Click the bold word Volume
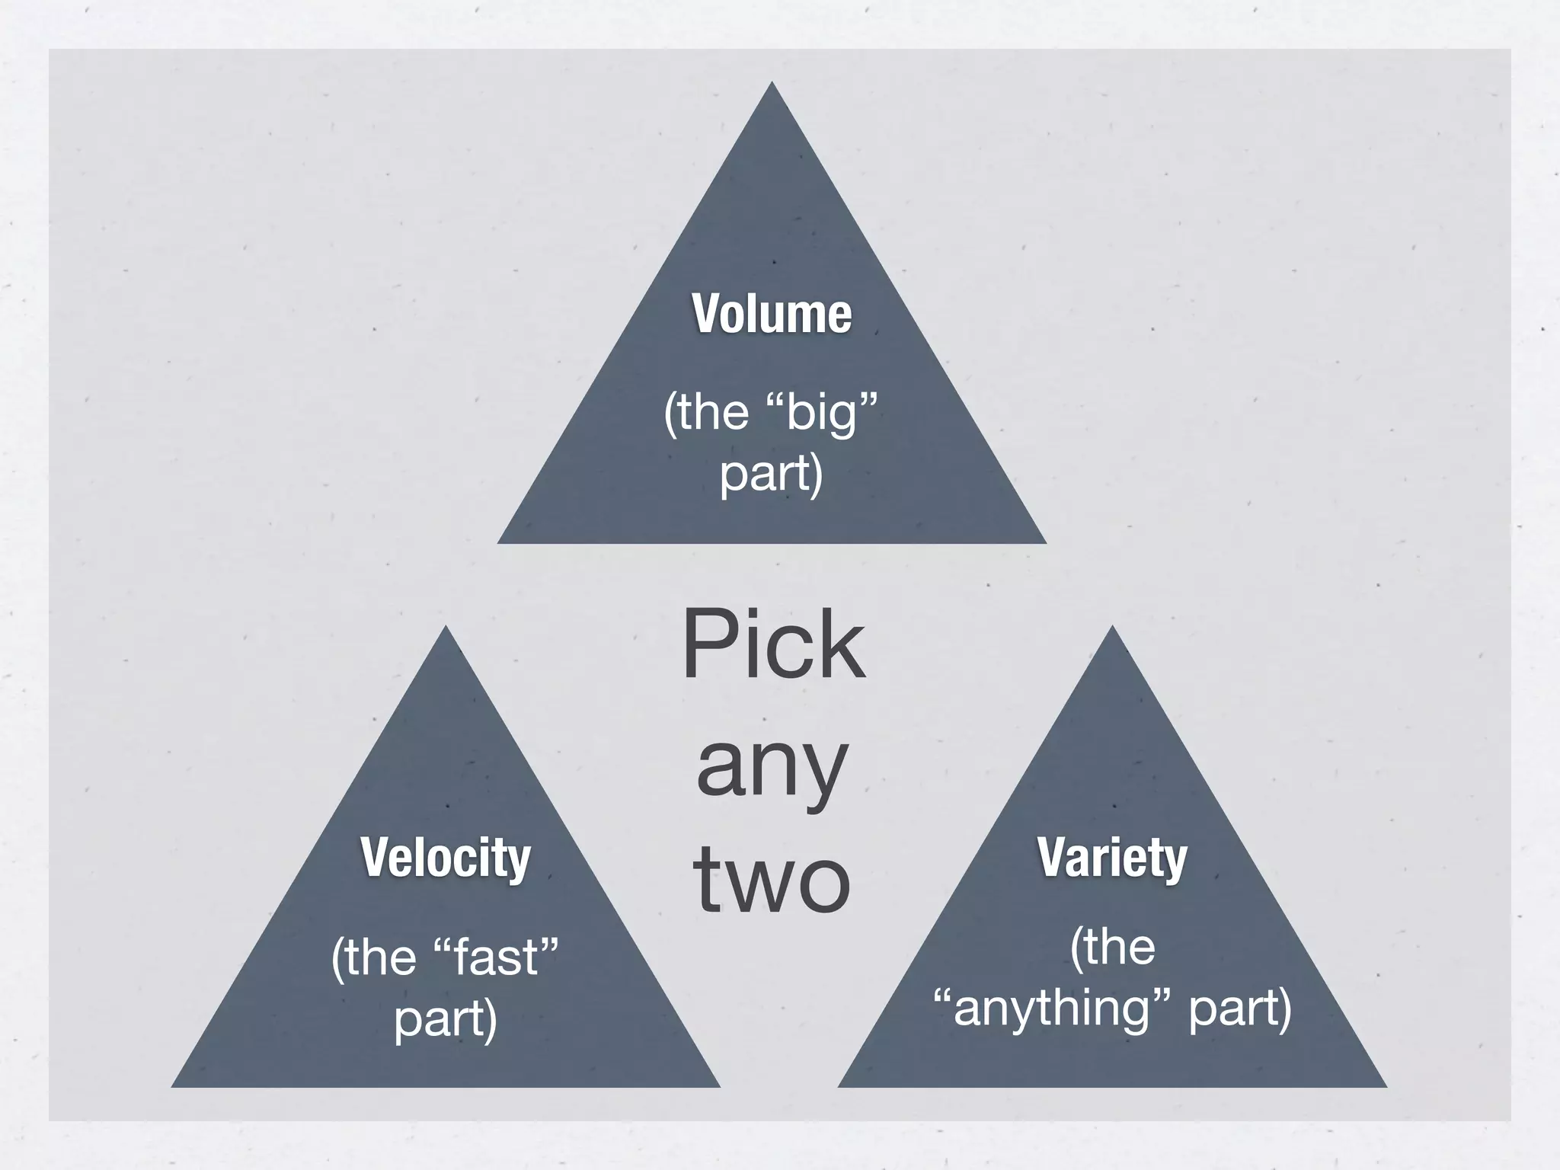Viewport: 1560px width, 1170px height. coord(772,313)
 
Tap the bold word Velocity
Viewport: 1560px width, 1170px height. coord(446,857)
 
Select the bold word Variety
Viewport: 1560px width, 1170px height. coord(1112,857)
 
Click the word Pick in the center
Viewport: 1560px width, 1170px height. coord(773,645)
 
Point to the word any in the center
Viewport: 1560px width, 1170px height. coord(772,766)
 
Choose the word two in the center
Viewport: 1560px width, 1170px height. coord(772,881)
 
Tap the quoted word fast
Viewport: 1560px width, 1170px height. coord(497,957)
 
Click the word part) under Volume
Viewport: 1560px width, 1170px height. coord(772,474)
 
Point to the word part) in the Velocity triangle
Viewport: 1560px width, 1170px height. coord(446,1018)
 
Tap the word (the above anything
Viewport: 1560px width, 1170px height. coord(1112,947)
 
